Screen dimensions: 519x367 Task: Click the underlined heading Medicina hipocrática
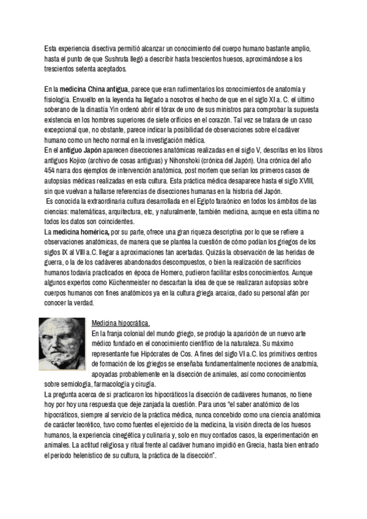[x=120, y=323]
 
